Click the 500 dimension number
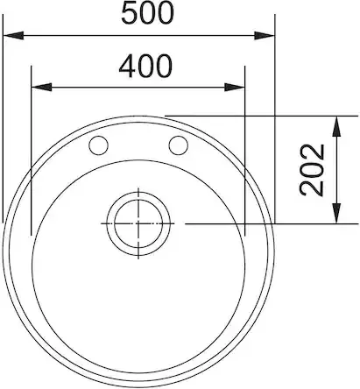point(147,13)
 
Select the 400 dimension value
point(145,67)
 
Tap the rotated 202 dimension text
point(312,170)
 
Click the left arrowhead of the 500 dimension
point(13,36)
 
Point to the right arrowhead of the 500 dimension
point(265,36)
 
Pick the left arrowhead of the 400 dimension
point(41,87)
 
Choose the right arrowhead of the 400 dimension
point(235,87)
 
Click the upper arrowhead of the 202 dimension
point(336,126)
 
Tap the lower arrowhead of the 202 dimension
point(336,214)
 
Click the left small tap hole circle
point(98,145)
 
